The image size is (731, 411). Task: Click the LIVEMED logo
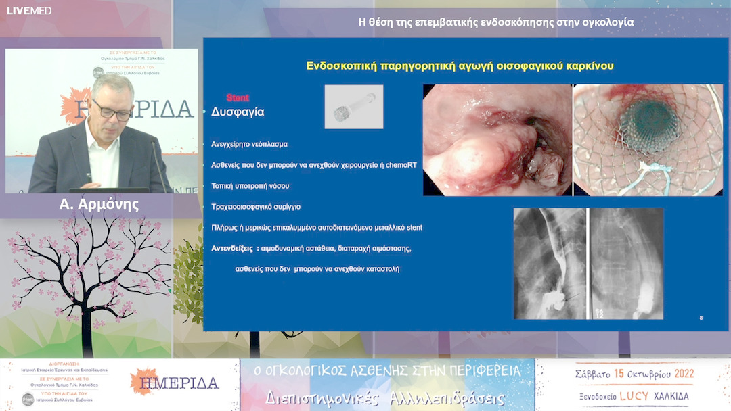pyautogui.click(x=29, y=10)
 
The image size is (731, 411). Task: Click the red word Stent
pyautogui.click(x=238, y=98)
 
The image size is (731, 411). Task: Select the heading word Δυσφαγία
pyautogui.click(x=238, y=112)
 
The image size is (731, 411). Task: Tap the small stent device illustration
pyautogui.click(x=353, y=107)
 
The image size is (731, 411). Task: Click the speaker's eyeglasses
pyautogui.click(x=112, y=110)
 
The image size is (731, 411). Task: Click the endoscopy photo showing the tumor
pyautogui.click(x=497, y=140)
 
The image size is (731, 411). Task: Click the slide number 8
pyautogui.click(x=701, y=318)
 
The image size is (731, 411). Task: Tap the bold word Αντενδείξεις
pyautogui.click(x=232, y=249)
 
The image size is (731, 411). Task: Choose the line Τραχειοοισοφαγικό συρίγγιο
pyautogui.click(x=256, y=207)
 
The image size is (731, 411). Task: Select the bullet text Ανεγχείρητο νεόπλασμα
pyautogui.click(x=249, y=144)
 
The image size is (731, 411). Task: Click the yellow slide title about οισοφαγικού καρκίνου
pyautogui.click(x=460, y=66)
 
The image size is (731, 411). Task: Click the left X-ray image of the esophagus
pyautogui.click(x=550, y=264)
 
